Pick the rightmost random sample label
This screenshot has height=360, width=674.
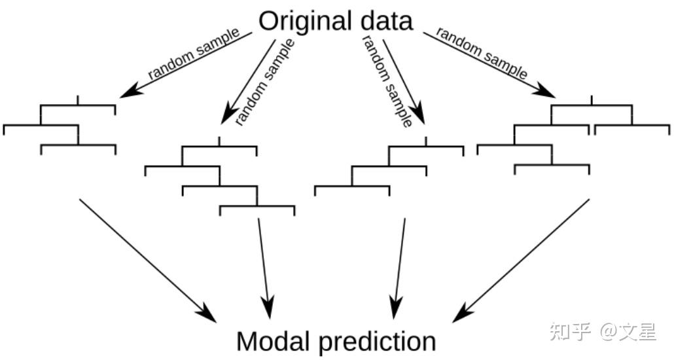pos(482,54)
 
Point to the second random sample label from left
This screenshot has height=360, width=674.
pos(265,82)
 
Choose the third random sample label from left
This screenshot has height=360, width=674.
pos(386,82)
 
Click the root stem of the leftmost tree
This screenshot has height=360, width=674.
pos(78,99)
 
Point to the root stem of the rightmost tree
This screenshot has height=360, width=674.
pos(592,99)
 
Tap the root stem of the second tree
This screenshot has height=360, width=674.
pos(219,141)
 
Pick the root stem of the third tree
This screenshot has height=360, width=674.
pos(426,141)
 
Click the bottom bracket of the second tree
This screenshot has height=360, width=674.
pos(257,208)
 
